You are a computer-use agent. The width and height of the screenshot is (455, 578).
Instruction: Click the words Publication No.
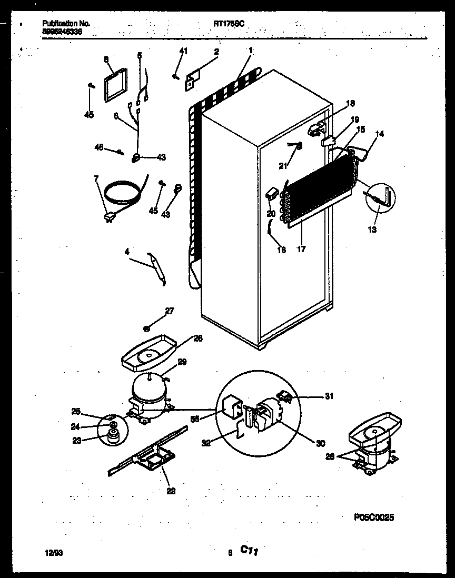pyautogui.click(x=66, y=24)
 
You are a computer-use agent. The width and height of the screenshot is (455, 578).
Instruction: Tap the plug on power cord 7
pyautogui.click(x=110, y=216)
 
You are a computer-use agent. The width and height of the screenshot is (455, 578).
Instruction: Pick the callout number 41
pyautogui.click(x=183, y=51)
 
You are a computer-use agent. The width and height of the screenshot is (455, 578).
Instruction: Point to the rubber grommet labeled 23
pyautogui.click(x=111, y=435)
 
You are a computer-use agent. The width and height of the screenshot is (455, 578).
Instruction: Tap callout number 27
pyautogui.click(x=169, y=311)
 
